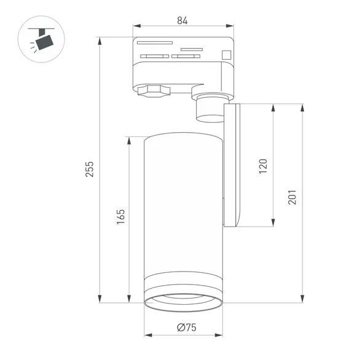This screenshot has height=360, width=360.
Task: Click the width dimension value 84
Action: point(182,20)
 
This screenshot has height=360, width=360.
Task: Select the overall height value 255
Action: point(89,169)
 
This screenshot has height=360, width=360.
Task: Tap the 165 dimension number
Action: point(120,216)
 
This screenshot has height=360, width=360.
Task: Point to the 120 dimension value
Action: point(264,166)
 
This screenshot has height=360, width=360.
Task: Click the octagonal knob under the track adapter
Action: point(151,93)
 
